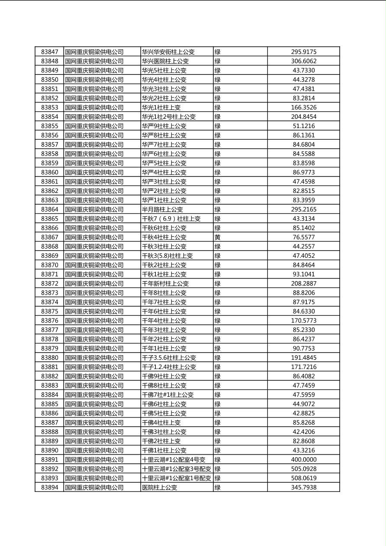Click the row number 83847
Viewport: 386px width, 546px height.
coord(49,52)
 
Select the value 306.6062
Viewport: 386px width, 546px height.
coord(303,61)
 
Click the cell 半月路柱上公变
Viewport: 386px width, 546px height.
coord(162,209)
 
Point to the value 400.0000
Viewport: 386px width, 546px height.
coord(303,459)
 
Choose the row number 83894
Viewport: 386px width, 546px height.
coord(49,487)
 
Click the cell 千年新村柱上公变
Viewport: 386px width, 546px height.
coord(165,283)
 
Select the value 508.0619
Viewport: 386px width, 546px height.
coord(303,478)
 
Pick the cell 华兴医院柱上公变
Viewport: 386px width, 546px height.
coord(165,61)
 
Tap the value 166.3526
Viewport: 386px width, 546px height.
coord(303,107)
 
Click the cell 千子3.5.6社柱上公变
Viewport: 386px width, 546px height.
coord(169,358)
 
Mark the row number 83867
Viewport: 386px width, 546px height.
coord(49,237)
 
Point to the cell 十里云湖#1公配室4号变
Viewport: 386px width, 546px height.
coord(174,459)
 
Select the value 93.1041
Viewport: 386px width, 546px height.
coord(303,274)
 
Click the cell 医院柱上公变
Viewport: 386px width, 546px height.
coord(160,487)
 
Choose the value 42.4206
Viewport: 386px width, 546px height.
coord(303,432)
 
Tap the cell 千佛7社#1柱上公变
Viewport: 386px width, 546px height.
coord(168,395)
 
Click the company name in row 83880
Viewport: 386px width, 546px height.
coord(94,358)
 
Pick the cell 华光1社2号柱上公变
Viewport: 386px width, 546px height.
coord(169,117)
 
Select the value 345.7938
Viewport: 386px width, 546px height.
coord(303,487)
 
